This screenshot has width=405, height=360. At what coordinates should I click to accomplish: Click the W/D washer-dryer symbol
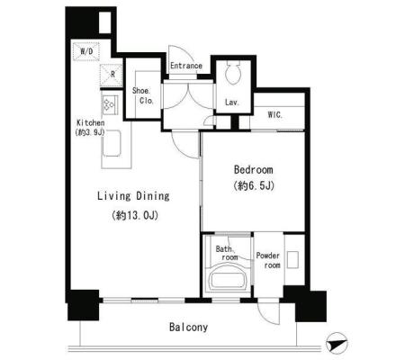tap(86, 51)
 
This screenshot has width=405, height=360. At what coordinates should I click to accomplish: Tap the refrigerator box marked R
tap(112, 76)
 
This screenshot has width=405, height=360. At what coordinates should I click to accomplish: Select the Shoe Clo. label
tap(142, 95)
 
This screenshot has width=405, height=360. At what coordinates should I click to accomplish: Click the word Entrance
tap(186, 66)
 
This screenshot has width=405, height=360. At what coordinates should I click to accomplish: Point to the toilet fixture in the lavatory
tap(234, 73)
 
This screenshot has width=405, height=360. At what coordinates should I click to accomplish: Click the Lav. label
tap(232, 103)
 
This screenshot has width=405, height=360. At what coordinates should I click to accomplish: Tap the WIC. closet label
tap(275, 114)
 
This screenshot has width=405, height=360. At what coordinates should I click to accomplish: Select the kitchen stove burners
tap(110, 104)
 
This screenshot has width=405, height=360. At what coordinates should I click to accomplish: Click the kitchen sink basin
tap(112, 143)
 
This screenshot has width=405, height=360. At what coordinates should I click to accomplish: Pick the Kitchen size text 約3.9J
tap(91, 132)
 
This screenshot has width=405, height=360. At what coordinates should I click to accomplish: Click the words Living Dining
tap(133, 196)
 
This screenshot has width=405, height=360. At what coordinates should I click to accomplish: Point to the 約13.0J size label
tap(135, 216)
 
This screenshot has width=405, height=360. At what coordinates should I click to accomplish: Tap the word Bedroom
tap(254, 170)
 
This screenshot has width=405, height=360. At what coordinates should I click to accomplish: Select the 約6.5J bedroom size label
tap(254, 186)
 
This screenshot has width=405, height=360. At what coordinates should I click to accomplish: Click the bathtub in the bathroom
tap(229, 276)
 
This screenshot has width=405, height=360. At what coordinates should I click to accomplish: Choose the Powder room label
tap(268, 260)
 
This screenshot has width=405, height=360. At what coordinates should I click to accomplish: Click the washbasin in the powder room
tap(292, 260)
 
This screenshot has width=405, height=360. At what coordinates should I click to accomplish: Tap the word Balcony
tap(188, 328)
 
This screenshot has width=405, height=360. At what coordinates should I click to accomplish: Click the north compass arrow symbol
tap(337, 344)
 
